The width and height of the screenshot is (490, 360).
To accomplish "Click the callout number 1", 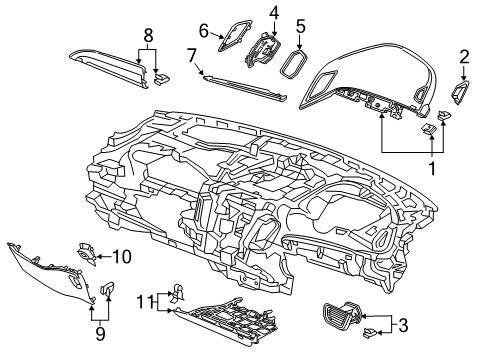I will pyautogui.click(x=432, y=167).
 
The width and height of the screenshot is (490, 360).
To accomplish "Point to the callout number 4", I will pyautogui.click(x=273, y=12).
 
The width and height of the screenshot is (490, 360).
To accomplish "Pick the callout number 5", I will pyautogui.click(x=299, y=27).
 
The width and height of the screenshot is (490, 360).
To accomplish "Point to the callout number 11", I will pyautogui.click(x=144, y=300).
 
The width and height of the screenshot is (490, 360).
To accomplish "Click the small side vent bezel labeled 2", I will pyautogui.click(x=465, y=94).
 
